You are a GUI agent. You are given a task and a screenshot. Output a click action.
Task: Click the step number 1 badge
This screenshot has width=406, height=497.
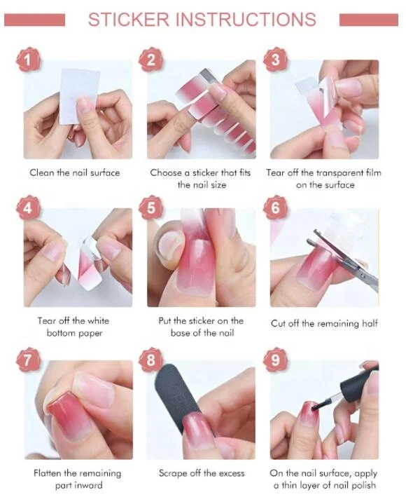(27, 61)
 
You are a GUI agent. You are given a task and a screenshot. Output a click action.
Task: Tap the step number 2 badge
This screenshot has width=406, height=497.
(150, 61)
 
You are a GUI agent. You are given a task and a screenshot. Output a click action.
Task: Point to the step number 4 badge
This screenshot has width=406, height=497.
(27, 209)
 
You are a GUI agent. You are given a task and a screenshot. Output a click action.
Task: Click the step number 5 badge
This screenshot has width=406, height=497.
(150, 209)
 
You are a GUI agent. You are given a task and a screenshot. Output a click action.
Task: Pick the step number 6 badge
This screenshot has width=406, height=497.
(274, 209)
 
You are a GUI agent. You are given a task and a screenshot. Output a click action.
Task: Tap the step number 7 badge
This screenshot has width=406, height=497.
(27, 360)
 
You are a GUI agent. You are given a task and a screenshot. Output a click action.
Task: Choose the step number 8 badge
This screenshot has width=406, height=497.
(150, 360)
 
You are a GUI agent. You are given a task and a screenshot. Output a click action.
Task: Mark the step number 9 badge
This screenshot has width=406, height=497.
(274, 360)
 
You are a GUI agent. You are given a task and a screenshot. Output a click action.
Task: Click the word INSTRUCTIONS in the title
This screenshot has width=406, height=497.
(248, 20)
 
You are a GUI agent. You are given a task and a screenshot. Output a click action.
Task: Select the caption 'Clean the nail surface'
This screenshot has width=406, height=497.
(75, 172)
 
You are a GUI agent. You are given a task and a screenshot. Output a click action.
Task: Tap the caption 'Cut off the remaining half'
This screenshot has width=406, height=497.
(324, 323)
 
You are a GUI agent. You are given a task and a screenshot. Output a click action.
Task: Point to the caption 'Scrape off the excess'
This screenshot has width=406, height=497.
(202, 473)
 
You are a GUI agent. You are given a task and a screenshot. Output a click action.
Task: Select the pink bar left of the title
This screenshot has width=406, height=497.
(34, 20)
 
